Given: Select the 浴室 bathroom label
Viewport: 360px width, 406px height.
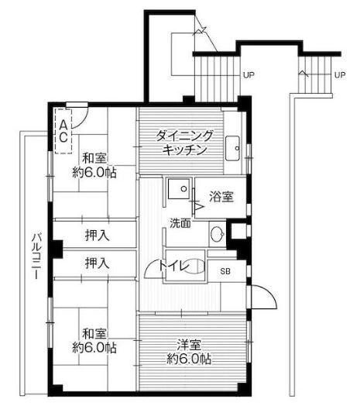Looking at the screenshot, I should (x=221, y=198).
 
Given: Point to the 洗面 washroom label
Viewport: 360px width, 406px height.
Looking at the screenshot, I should (x=180, y=223).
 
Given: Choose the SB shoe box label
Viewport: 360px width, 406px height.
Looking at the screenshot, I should (x=225, y=270).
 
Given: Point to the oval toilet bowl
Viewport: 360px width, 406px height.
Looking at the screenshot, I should (x=195, y=266).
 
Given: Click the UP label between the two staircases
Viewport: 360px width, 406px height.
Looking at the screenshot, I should (x=249, y=74).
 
